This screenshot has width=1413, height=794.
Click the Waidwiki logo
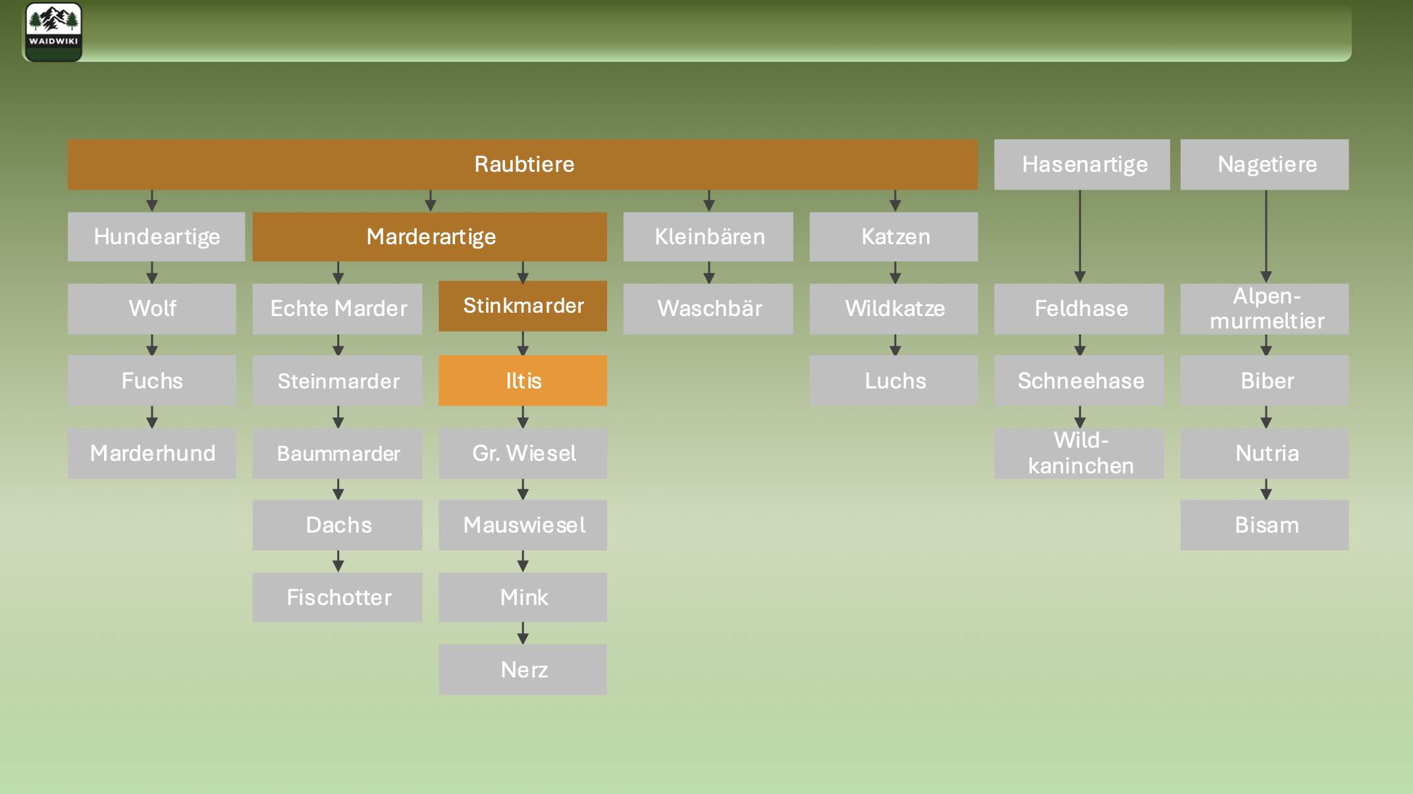tap(53, 32)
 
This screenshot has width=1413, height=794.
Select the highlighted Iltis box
tap(523, 381)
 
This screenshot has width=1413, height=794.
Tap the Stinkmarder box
tap(523, 306)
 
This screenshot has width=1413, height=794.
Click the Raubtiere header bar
tap(523, 164)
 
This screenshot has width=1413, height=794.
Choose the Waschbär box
tap(708, 309)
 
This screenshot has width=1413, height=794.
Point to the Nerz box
tap(523, 670)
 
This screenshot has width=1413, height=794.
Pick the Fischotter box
tap(338, 597)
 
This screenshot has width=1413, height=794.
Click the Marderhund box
tap(152, 453)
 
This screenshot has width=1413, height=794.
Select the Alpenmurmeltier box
tap(1265, 309)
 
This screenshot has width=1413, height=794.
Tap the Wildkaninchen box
tap(1079, 453)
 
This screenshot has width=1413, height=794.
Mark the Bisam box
tap(1265, 525)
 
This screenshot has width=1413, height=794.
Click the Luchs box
tap(894, 381)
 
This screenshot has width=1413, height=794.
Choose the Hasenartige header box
tap(1082, 164)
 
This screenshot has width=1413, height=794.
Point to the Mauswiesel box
tap(523, 525)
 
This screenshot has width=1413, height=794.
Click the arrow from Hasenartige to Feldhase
tap(1080, 237)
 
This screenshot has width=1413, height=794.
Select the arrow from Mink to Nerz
tap(523, 633)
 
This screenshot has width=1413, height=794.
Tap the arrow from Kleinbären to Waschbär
tap(709, 273)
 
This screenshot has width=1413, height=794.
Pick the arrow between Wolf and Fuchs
tap(152, 345)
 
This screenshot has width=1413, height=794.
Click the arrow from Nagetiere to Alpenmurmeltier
tap(1266, 237)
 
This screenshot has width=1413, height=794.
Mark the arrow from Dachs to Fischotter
tap(338, 561)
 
